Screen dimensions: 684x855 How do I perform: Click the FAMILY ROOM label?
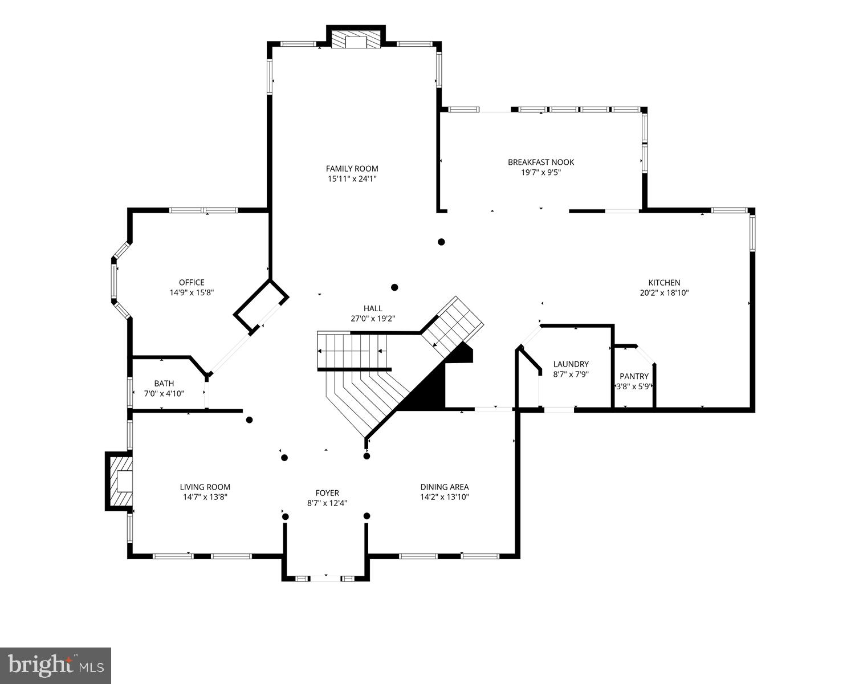pos(352,169)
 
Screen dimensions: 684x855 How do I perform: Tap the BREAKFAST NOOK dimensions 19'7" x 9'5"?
pos(541,172)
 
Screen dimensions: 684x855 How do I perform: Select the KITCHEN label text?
pos(664,283)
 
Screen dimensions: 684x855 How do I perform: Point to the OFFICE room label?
pos(192,283)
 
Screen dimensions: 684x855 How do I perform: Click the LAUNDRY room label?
pos(571,364)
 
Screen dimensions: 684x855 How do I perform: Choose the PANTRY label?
pos(634,376)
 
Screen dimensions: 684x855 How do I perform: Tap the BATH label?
pos(164,384)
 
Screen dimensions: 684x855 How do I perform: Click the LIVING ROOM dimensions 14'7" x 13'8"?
pos(205,497)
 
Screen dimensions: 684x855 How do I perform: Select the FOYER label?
pos(327,493)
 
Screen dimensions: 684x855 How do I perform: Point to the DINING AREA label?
pos(445,487)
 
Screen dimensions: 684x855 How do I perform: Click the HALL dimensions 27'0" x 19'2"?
pos(373,319)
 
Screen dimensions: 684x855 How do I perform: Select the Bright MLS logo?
pos(55,665)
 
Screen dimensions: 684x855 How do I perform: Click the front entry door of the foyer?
pos(325,579)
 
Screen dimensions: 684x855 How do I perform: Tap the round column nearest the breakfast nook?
pos(441,242)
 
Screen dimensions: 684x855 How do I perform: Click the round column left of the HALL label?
pos(394,287)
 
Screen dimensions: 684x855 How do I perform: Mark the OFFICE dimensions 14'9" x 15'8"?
pos(192,293)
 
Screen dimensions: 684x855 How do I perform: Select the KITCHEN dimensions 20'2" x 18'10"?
pos(664,293)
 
